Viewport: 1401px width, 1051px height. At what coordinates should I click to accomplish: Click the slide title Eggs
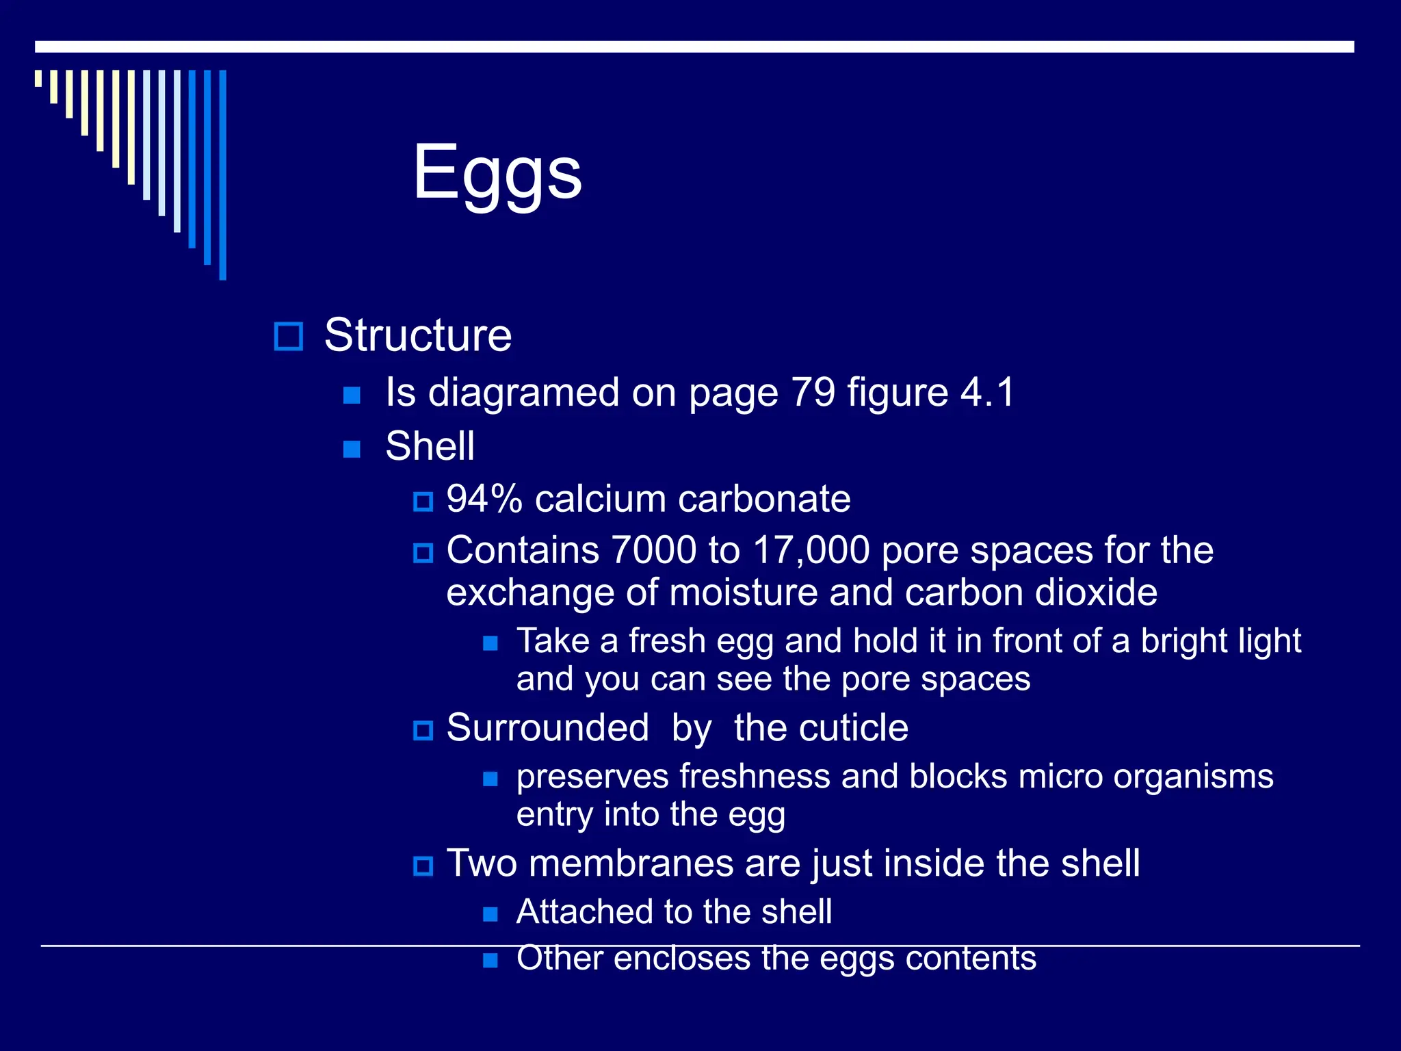(497, 172)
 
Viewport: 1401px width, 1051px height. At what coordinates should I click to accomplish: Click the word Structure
(418, 335)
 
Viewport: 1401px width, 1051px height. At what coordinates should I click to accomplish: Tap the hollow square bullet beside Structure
(288, 336)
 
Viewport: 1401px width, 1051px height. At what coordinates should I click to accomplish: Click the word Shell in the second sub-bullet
(430, 446)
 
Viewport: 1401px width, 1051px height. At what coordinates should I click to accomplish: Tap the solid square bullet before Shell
(352, 449)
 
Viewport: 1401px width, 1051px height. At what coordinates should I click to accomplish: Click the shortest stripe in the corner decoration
(38, 78)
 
